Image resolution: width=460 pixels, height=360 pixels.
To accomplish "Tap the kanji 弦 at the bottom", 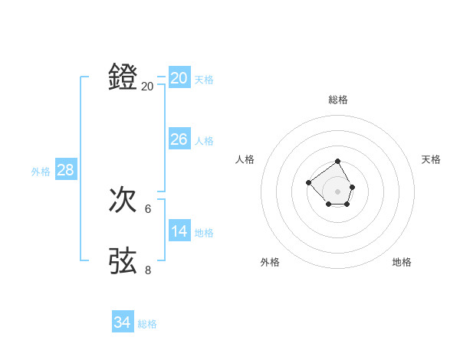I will pyautogui.click(x=123, y=260).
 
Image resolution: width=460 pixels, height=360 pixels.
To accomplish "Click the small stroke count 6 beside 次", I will pyautogui.click(x=148, y=208).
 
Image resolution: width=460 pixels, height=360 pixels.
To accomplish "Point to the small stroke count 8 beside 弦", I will pyautogui.click(x=148, y=270).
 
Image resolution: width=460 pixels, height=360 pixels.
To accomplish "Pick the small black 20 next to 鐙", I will pyautogui.click(x=147, y=87).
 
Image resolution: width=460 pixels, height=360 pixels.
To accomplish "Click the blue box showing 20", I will pyautogui.click(x=179, y=78).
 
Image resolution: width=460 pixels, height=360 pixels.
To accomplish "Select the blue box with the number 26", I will pyautogui.click(x=179, y=139).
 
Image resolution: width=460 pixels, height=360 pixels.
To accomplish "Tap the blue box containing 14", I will pyautogui.click(x=179, y=231).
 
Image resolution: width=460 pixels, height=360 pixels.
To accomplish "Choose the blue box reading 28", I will pyautogui.click(x=65, y=170).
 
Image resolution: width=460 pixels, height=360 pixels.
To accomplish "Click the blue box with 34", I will pyautogui.click(x=122, y=322).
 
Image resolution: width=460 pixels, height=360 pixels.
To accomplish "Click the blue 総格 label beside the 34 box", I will pyautogui.click(x=147, y=324).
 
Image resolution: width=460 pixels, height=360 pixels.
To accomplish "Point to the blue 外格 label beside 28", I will pyautogui.click(x=41, y=172).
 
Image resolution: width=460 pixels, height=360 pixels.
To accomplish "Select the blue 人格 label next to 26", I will pyautogui.click(x=204, y=141).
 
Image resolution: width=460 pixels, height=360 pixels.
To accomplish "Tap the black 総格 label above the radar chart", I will pyautogui.click(x=338, y=100).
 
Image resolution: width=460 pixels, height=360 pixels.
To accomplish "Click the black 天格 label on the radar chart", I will pyautogui.click(x=431, y=159).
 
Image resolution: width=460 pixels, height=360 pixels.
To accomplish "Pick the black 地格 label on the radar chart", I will pyautogui.click(x=402, y=262).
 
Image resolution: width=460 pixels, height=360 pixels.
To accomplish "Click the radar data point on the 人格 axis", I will pyautogui.click(x=308, y=182).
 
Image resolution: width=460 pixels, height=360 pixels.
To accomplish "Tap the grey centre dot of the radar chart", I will pyautogui.click(x=338, y=191).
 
